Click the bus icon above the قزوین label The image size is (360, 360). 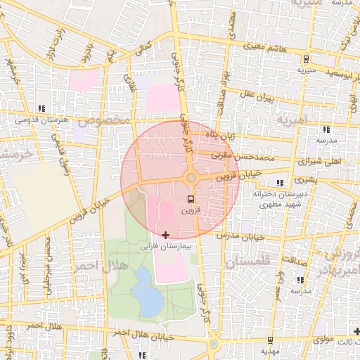[x=191, y=199]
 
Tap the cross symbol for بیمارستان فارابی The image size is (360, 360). [x=166, y=234]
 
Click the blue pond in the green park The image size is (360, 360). [x=146, y=292]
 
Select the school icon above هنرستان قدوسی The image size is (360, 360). [x=42, y=108]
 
